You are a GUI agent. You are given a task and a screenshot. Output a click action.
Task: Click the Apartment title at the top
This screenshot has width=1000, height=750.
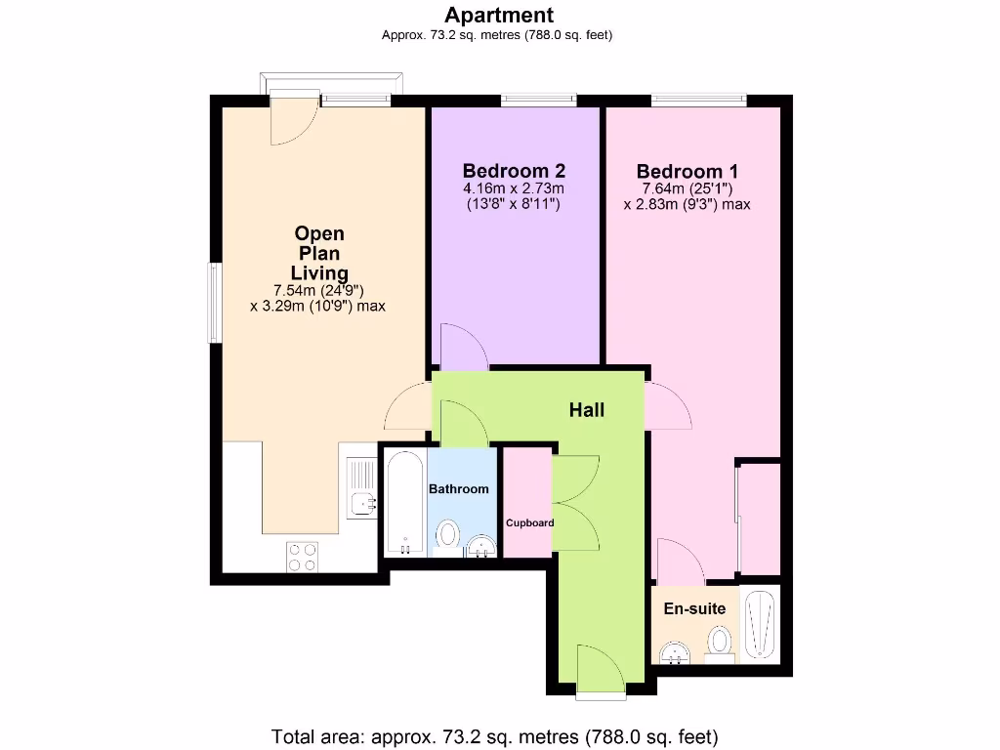[499, 15]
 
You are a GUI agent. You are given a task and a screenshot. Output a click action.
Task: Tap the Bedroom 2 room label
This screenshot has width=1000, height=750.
[514, 170]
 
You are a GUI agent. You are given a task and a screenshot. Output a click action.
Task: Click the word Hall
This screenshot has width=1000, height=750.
[587, 410]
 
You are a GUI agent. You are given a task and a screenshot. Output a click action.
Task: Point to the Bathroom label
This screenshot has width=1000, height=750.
[459, 488]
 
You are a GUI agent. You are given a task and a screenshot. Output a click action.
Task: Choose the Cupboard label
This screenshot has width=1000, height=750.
[529, 522]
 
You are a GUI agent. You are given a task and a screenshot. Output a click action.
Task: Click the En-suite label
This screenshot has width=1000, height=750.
[694, 608]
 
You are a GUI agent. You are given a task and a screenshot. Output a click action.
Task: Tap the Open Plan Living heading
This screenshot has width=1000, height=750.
[319, 253]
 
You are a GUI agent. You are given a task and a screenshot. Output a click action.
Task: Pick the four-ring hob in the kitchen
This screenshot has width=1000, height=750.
[302, 555]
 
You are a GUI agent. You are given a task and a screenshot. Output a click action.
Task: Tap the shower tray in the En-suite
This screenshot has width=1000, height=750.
[760, 624]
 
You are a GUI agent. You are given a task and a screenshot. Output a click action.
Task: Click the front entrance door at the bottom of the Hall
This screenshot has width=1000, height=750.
[599, 674]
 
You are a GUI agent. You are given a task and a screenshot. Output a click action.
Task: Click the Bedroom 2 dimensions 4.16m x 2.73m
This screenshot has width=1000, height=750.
[514, 188]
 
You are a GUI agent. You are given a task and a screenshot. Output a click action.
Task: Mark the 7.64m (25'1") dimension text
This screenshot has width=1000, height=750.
[687, 188]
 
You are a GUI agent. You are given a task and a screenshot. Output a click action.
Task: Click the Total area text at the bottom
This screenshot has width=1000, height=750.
[494, 735]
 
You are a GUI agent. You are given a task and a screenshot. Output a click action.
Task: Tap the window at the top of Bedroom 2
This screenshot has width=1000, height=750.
[538, 99]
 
